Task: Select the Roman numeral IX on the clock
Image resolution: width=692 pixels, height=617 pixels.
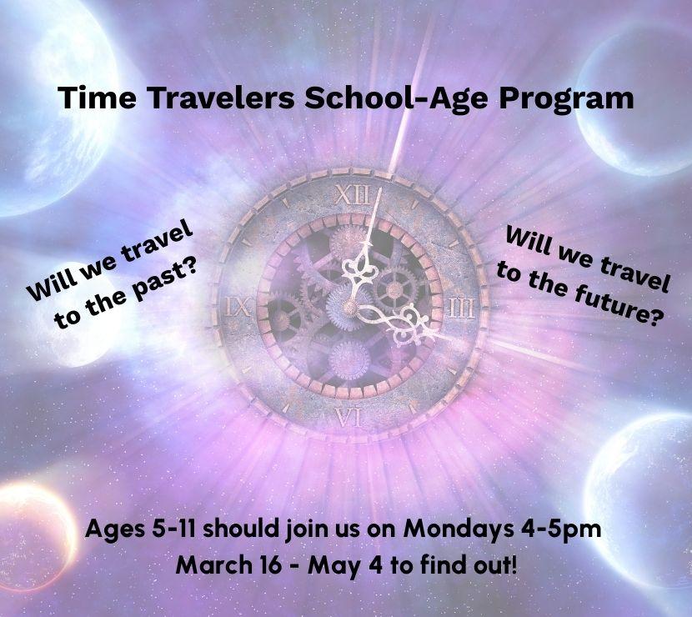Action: tap(238, 307)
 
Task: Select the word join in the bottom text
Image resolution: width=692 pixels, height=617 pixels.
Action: tap(313, 529)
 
